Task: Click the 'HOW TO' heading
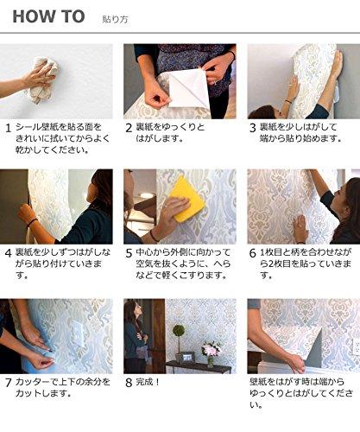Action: point(48,16)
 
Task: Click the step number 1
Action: point(8,128)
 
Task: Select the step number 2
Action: point(129,128)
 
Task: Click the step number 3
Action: point(253,128)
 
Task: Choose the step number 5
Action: point(129,253)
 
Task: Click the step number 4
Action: point(8,253)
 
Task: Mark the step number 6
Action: point(253,253)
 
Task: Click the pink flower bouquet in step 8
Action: point(209,348)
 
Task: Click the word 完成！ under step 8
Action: point(153,380)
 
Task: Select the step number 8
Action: point(129,380)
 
